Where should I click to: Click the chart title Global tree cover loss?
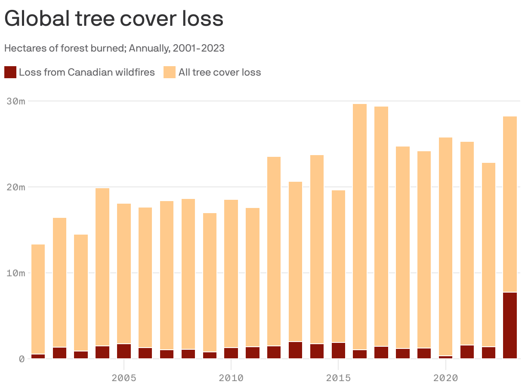(114, 19)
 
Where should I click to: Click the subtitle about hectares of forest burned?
(114, 48)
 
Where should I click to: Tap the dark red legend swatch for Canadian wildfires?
(10, 72)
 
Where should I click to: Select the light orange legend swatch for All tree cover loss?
(170, 72)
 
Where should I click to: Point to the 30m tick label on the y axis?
(16, 101)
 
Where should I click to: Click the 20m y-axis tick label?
(16, 187)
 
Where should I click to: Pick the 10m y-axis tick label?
(16, 273)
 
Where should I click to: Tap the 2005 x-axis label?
(124, 378)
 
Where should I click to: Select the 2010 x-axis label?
(231, 378)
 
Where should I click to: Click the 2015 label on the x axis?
(338, 378)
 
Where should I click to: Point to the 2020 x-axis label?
(445, 378)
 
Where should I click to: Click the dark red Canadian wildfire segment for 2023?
(510, 325)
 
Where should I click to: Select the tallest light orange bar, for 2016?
(360, 223)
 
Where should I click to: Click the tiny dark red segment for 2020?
(445, 357)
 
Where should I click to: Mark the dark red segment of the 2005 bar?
(124, 351)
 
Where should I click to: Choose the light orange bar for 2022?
(488, 254)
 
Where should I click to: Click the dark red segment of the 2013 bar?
(296, 350)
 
